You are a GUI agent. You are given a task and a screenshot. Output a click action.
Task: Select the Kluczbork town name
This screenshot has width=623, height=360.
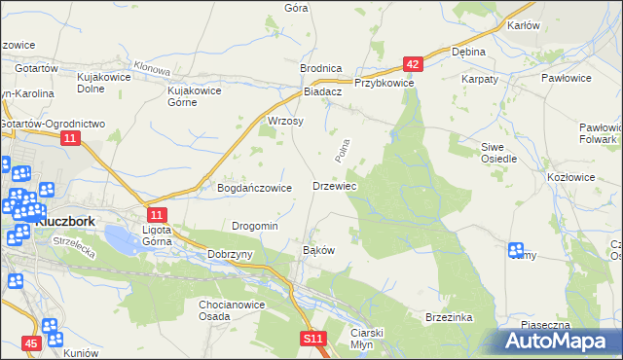64,221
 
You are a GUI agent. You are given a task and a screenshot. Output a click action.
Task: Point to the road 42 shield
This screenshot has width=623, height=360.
414,65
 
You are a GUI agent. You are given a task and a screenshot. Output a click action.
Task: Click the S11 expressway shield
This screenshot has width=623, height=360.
311,338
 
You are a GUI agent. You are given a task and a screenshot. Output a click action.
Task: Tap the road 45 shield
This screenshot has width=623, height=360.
32,342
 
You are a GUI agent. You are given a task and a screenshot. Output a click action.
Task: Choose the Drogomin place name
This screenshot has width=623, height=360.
255,226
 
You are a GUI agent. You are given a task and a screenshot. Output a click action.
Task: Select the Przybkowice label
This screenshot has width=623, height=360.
385,84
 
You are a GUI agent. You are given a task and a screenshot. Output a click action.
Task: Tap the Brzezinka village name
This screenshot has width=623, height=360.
448,318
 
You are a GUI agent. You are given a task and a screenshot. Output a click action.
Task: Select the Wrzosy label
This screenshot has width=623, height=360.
285,122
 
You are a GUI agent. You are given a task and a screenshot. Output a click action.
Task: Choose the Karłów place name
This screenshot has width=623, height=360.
523,25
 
